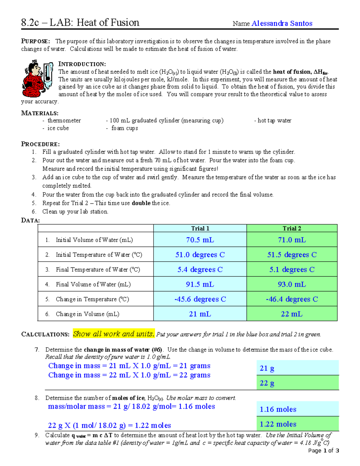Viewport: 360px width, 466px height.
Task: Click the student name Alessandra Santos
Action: pos(282,23)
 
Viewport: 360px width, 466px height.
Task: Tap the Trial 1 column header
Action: pos(200,228)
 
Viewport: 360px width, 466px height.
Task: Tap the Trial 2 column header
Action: pos(292,228)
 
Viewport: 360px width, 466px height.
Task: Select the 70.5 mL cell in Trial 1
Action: pos(200,240)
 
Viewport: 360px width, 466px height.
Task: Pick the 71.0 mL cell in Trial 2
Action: pos(292,240)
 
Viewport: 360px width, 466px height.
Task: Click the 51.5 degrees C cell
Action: pos(292,255)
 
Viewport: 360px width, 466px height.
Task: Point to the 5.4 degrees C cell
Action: pos(200,269)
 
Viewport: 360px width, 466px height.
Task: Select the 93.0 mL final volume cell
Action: pos(292,284)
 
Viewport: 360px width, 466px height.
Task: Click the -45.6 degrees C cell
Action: pos(200,299)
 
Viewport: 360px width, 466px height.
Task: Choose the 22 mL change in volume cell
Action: pos(292,314)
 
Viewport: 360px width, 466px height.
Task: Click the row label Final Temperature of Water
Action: pos(98,269)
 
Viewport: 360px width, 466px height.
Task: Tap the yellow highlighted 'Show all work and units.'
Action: pos(114,334)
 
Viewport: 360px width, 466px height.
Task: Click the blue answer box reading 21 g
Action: pos(297,368)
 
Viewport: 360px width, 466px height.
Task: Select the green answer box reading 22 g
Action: pos(297,383)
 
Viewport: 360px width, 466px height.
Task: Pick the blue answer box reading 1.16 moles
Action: pos(297,409)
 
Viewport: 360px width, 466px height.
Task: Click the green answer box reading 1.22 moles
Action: pos(297,424)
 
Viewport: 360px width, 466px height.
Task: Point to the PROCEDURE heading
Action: pos(40,144)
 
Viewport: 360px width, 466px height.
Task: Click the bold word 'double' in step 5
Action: pos(141,203)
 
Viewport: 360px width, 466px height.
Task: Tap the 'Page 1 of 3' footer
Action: pos(323,450)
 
